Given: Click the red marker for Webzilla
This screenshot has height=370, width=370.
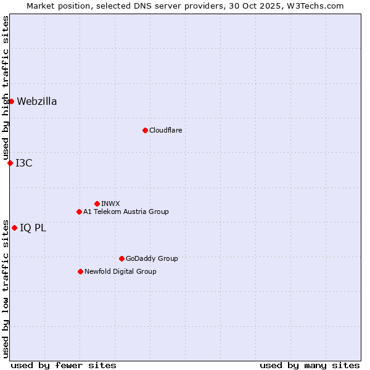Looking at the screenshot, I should [11, 101].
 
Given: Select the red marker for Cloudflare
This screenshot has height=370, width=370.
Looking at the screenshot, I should [145, 130].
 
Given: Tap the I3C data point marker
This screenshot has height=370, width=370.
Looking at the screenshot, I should [10, 163].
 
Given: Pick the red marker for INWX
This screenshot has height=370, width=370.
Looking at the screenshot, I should [97, 203].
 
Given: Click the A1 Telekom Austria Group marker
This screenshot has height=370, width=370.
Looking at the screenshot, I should [79, 212].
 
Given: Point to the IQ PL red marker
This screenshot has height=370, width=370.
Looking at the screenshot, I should [14, 228].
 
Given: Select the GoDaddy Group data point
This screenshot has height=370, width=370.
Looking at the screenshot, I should [121, 258].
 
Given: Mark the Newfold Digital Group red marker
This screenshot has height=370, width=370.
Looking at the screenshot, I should [80, 271].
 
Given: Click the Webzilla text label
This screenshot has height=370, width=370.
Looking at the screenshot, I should [37, 102].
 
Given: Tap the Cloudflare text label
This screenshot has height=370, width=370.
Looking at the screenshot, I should [165, 130].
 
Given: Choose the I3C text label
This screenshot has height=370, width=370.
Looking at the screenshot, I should [24, 163].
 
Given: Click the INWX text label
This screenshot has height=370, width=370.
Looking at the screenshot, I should [110, 203].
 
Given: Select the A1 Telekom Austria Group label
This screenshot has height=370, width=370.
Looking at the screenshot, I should [126, 212].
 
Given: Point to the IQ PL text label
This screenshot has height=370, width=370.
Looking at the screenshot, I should [33, 228].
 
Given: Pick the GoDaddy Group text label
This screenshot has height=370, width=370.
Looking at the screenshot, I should [152, 258].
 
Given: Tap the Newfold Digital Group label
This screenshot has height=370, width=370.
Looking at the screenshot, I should [120, 271].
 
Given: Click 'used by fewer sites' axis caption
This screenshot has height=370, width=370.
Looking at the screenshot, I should [64, 365].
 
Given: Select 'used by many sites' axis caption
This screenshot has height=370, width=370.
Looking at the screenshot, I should [310, 365].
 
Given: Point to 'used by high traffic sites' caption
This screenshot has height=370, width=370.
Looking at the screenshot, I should [6, 88].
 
